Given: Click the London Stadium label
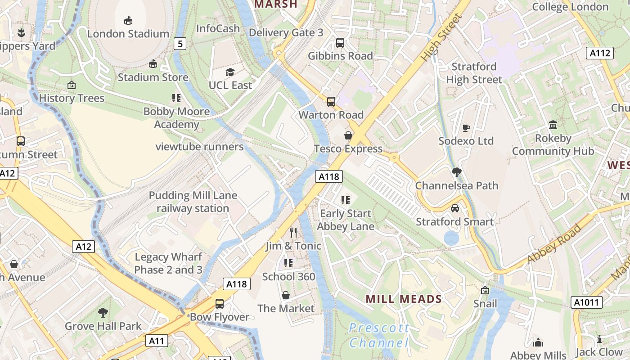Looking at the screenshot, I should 128,34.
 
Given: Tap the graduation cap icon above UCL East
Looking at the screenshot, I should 230,72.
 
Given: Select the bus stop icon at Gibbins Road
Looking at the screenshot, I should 340,43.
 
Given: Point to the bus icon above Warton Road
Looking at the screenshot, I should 331,101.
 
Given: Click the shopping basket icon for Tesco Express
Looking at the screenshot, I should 348,135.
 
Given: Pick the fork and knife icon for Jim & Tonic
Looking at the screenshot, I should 293,232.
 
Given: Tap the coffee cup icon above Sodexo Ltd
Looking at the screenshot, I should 466,128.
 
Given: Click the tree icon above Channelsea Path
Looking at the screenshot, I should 457,172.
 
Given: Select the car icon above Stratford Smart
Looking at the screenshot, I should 455,208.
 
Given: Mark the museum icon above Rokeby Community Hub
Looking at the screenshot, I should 553,125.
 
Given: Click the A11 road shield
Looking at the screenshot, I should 157,341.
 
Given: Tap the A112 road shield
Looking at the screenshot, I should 600,53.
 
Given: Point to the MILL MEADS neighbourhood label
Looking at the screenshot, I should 404,299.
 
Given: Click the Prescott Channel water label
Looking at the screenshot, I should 379,335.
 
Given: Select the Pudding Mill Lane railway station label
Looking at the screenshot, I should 193,202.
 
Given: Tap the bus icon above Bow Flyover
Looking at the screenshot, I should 219,304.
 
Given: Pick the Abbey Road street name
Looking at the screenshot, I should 554,243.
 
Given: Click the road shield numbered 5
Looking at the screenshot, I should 180,44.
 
